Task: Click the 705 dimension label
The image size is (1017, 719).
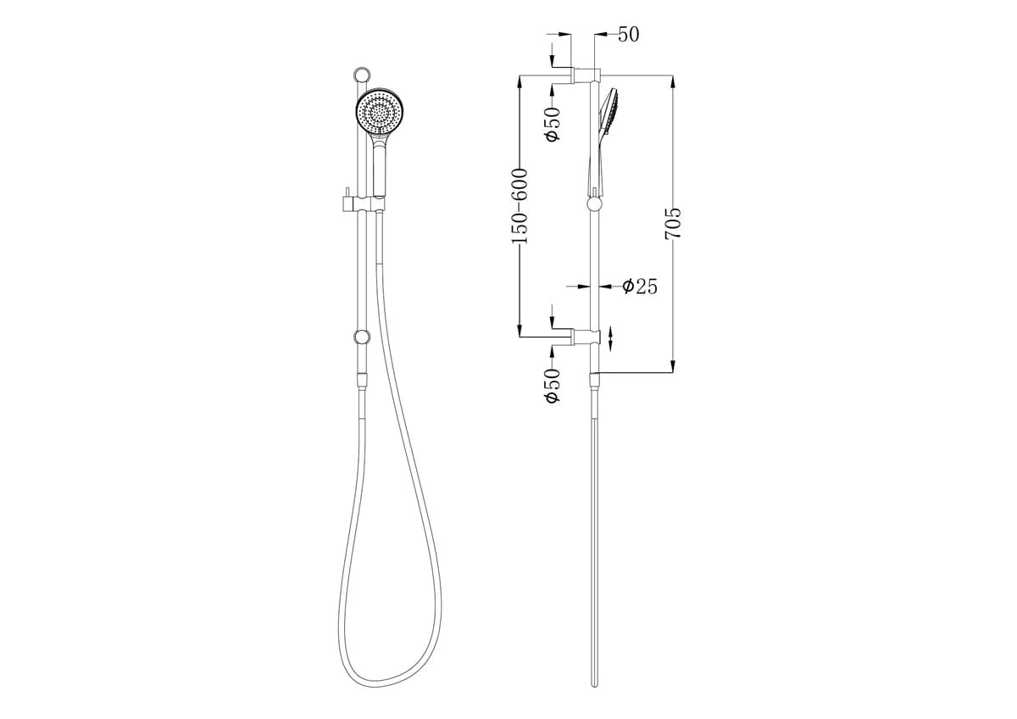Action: point(673,223)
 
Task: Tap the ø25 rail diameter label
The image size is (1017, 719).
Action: point(640,287)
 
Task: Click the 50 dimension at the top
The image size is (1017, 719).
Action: point(628,35)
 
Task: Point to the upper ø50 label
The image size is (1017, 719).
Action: point(553,125)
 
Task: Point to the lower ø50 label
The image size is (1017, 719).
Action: point(553,386)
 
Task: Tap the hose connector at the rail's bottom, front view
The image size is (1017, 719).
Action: point(363,379)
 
